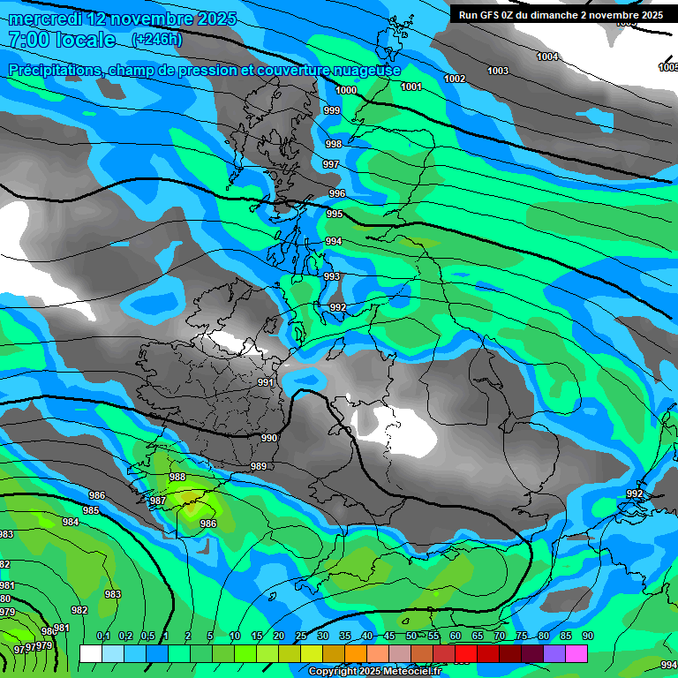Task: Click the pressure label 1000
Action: pos(346,91)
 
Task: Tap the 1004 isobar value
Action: pos(547,57)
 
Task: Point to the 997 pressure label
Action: pos(331,165)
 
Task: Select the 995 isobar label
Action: pos(335,215)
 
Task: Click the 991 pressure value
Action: pos(266,382)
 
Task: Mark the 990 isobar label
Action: pos(269,439)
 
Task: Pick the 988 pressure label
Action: pos(177,477)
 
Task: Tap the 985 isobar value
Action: pos(91,511)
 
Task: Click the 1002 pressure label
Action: pos(455,79)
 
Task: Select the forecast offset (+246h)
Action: pos(157,39)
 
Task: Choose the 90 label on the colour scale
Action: pos(587,637)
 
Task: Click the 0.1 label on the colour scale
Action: pos(102,637)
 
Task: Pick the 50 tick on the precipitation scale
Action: pos(411,637)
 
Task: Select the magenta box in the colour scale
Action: pos(576,653)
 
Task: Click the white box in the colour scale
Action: pos(90,653)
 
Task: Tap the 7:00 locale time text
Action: pos(62,40)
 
